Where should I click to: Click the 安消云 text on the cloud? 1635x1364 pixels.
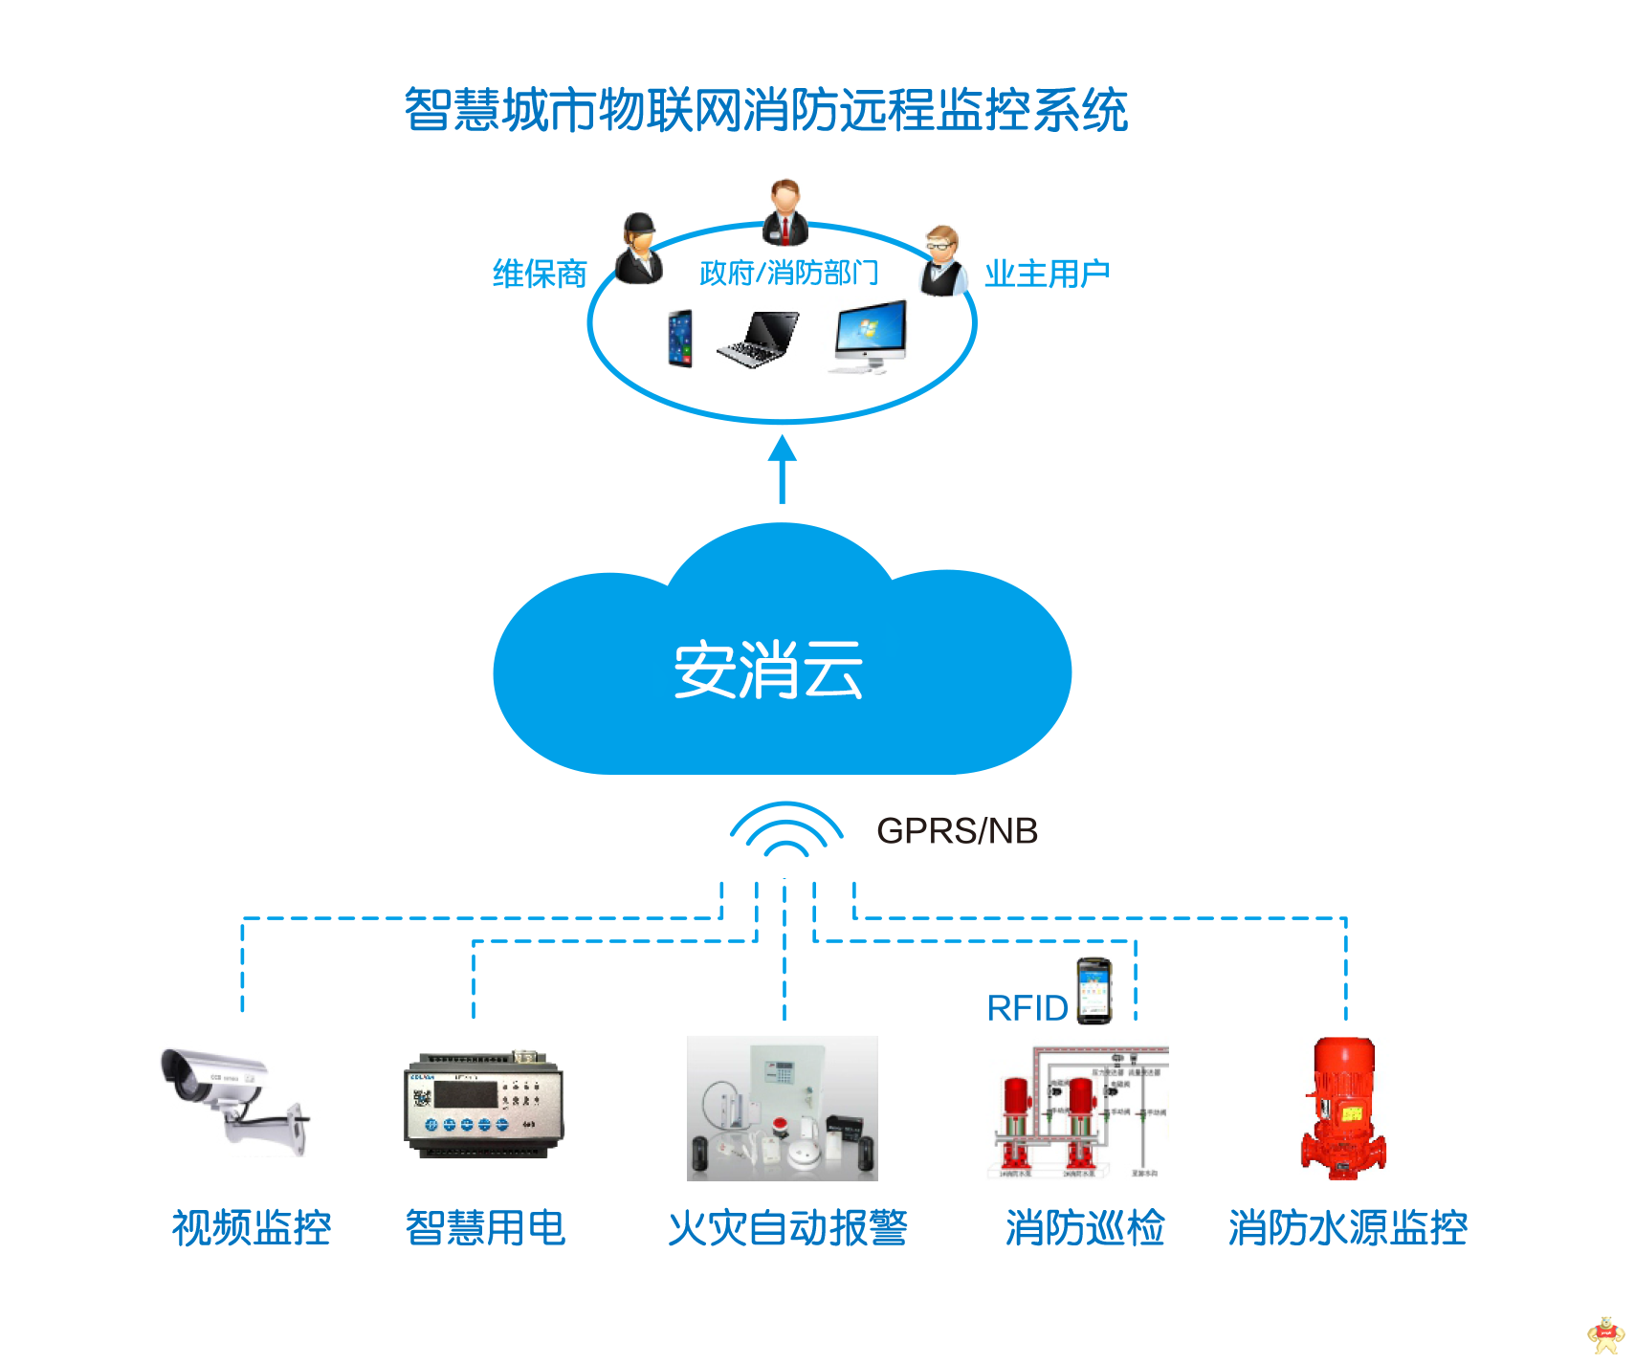pos(768,670)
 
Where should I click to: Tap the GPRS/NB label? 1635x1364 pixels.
pos(957,830)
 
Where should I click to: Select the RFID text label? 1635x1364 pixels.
pos(1027,1007)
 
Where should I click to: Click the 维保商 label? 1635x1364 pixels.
pos(540,275)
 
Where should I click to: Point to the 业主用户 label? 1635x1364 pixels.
pos(1047,274)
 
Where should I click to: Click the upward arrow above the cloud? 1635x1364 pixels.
pos(783,469)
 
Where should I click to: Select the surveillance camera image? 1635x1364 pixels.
pos(232,1100)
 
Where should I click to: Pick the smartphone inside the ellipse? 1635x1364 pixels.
pos(680,338)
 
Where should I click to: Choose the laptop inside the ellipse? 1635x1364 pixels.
pos(759,339)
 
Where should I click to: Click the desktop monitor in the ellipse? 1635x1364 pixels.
pos(867,338)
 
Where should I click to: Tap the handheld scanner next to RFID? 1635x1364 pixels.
pos(1094,989)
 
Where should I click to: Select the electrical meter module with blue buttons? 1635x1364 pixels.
pos(484,1104)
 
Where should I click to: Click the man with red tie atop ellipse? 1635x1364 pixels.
pos(785,212)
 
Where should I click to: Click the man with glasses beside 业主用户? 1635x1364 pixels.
pos(942,260)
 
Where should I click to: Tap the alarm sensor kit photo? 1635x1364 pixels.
pos(782,1108)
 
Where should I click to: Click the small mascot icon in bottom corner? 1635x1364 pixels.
pos(1606,1335)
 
